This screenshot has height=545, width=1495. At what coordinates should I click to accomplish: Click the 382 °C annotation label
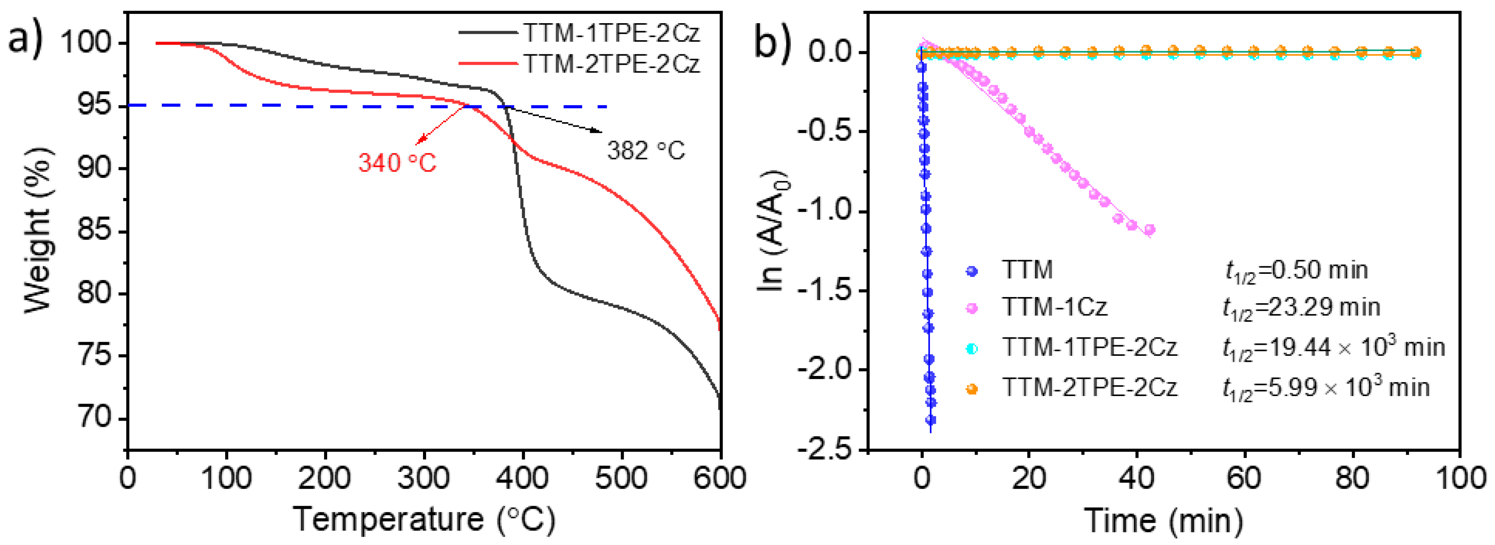coord(646,151)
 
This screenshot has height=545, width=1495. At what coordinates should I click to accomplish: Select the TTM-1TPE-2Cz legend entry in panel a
coord(611,33)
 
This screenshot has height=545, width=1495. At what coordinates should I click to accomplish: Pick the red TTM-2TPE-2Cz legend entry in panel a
coord(611,63)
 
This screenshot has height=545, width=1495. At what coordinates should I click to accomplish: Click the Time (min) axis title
coord(1164,520)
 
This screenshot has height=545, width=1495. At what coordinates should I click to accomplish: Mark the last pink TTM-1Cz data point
coord(1149,230)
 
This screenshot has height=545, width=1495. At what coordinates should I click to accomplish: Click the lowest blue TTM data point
coord(930,420)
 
